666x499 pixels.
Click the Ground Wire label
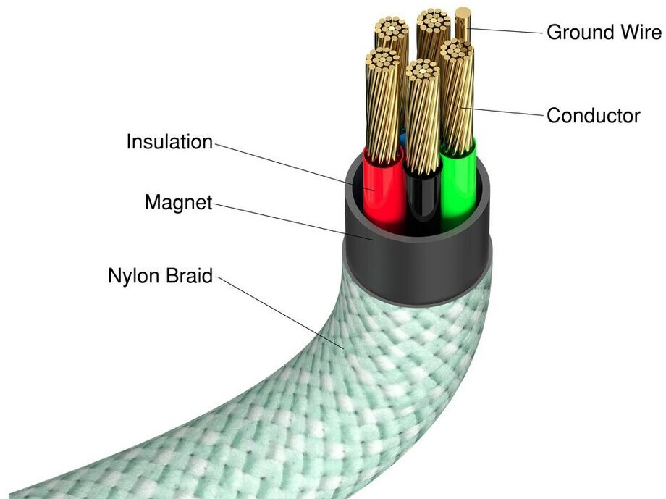pos(604,33)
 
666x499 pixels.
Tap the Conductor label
pos(594,116)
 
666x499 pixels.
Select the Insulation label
pos(169,141)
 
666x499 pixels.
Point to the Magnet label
pos(178,203)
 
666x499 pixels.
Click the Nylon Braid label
pos(160,275)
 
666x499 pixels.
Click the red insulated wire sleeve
pos(384,191)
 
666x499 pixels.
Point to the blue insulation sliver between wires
pos(403,139)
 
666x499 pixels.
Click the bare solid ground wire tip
pos(463,24)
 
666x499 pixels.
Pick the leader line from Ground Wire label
pos(505,30)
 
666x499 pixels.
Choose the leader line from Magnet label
pos(293,222)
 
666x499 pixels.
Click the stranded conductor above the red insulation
pos(383,106)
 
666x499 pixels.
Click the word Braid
pos(189,275)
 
